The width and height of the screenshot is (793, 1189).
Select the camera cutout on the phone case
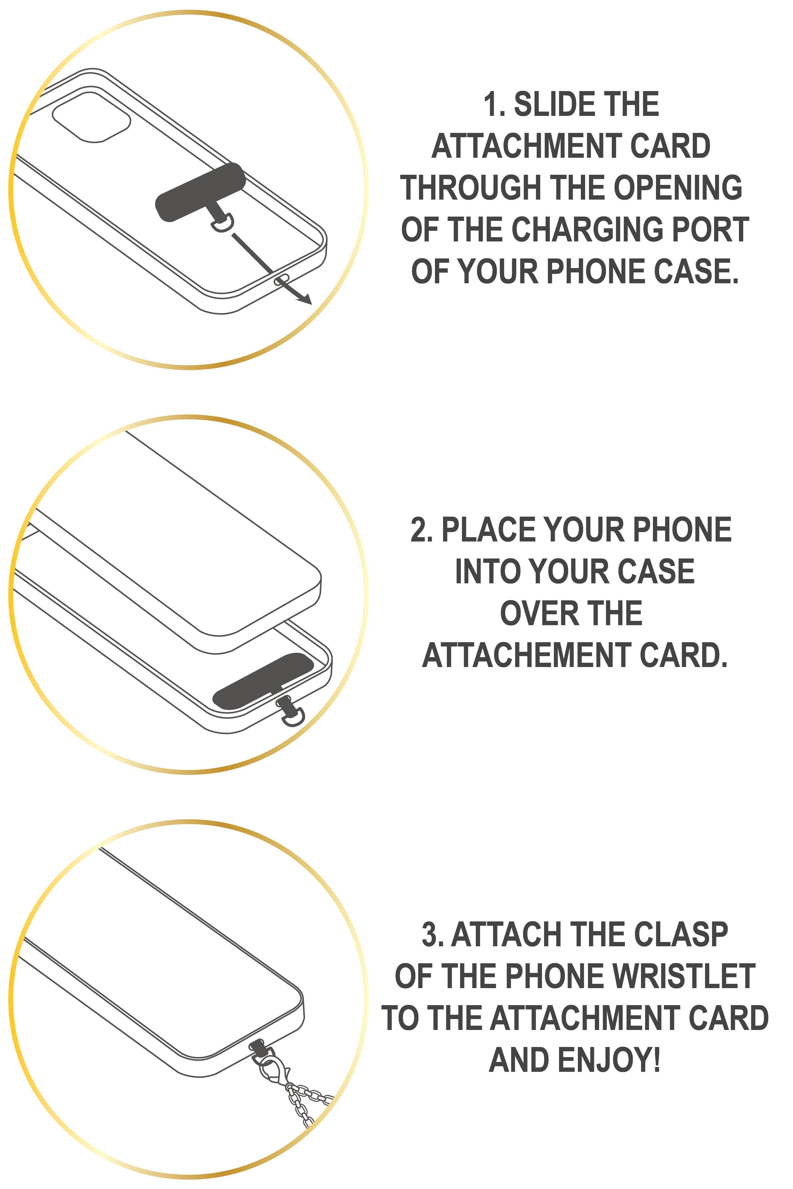pyautogui.click(x=92, y=117)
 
